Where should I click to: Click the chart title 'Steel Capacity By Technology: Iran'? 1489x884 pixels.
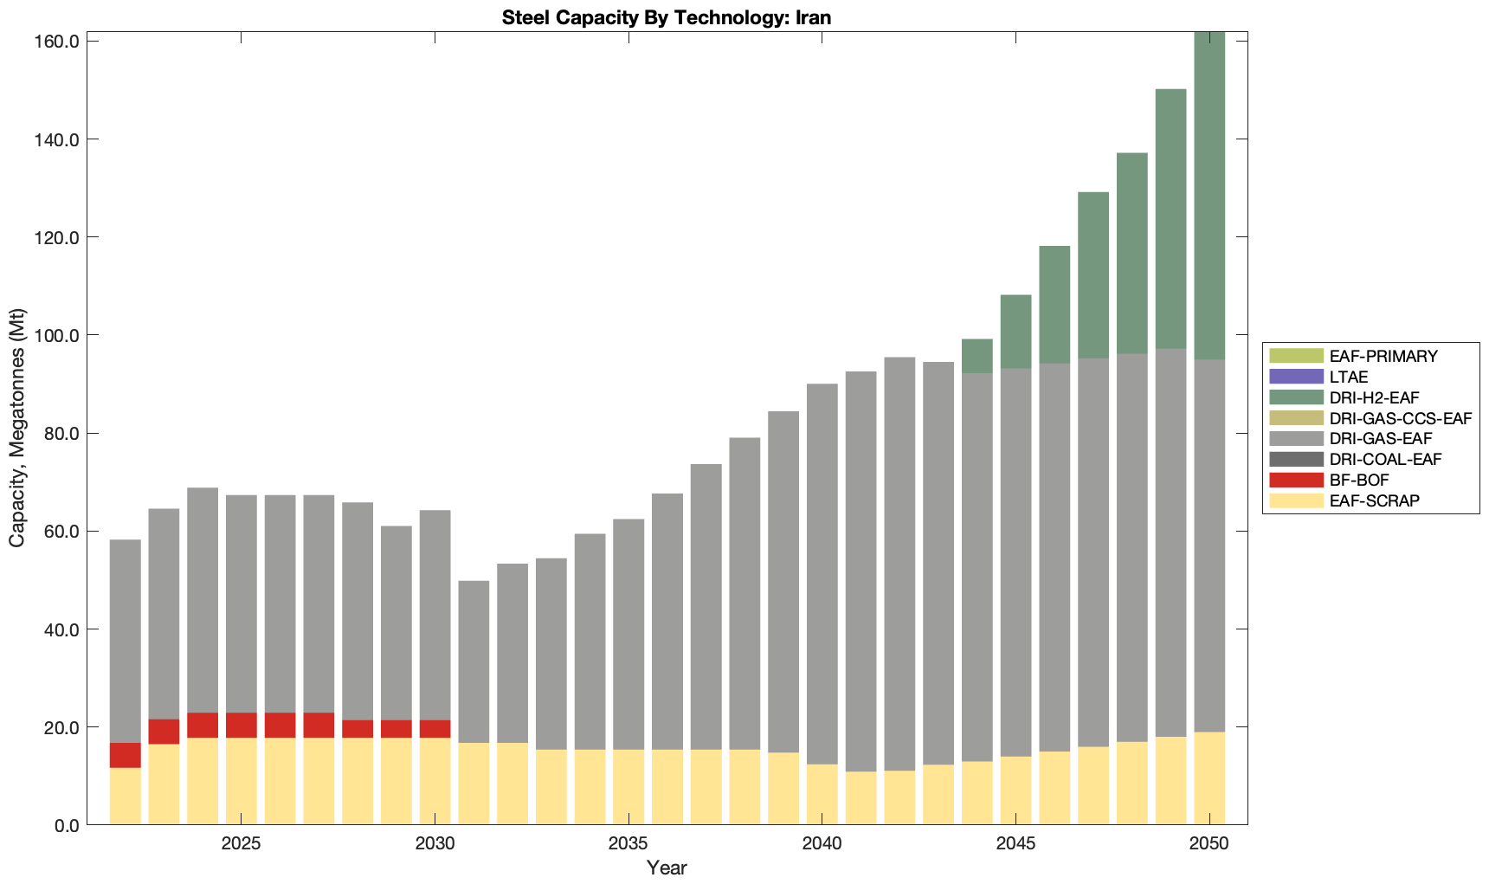[x=666, y=17]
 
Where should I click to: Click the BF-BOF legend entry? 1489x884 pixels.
[x=1358, y=481]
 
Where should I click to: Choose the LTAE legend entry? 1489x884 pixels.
[x=1348, y=377]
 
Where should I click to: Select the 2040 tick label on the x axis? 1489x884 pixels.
[x=822, y=844]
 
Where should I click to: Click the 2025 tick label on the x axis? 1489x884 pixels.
[x=241, y=844]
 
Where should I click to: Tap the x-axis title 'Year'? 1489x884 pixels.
[x=666, y=868]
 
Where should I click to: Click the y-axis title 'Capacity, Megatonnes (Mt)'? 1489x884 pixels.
[x=17, y=428]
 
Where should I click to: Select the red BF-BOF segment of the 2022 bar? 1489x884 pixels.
[x=126, y=755]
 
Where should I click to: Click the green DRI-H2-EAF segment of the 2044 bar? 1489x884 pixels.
[x=977, y=356]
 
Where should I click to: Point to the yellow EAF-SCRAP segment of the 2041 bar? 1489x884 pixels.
[x=861, y=797]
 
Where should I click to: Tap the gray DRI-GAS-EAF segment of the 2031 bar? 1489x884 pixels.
[x=474, y=661]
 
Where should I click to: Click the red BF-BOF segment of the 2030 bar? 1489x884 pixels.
[x=435, y=729]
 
